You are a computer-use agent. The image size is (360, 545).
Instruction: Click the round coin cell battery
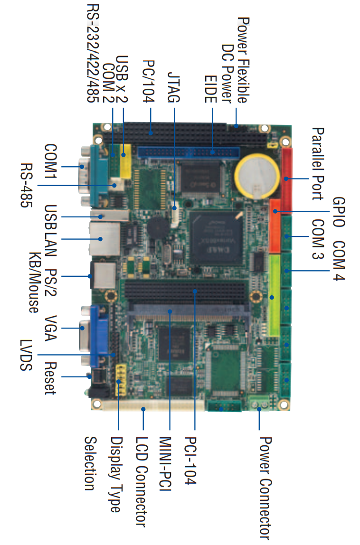(x=257, y=177)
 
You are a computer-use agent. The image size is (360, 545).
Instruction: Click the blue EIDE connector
(x=189, y=152)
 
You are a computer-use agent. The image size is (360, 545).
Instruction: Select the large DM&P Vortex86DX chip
(x=216, y=238)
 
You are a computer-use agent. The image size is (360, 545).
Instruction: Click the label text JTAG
(x=173, y=87)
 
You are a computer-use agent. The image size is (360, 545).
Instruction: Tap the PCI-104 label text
(x=190, y=460)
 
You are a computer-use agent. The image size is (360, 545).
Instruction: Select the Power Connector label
(x=266, y=489)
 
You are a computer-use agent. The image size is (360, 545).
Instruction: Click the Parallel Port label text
(x=318, y=164)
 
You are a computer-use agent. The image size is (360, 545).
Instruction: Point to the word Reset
(x=50, y=378)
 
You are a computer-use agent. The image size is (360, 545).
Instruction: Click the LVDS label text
(x=26, y=355)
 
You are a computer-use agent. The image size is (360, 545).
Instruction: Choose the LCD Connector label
(x=141, y=482)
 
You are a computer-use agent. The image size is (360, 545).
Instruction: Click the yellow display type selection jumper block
(x=120, y=380)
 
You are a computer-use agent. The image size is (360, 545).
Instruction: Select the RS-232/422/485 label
(x=93, y=53)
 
